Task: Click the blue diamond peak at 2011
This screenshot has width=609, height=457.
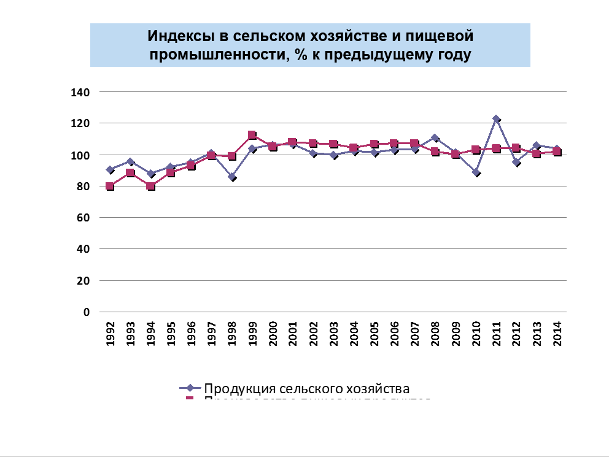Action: tap(496, 119)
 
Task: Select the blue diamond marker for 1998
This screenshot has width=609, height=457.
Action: tap(232, 177)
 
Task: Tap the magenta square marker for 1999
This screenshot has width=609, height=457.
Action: tap(252, 135)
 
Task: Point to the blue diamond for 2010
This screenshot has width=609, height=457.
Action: tap(476, 172)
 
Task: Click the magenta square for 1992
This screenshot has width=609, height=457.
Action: tap(111, 186)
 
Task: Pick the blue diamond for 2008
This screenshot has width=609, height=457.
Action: tap(435, 138)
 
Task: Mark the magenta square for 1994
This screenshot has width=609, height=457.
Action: tap(150, 186)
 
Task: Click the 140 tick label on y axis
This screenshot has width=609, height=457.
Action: tap(82, 92)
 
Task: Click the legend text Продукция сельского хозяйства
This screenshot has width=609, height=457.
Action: tap(306, 388)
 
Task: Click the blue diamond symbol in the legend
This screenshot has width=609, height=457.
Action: tap(190, 388)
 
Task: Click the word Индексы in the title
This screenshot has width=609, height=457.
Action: tap(175, 36)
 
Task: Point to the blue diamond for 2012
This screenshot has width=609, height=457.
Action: tap(517, 163)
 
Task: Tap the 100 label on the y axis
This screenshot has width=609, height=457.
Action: tap(82, 155)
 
